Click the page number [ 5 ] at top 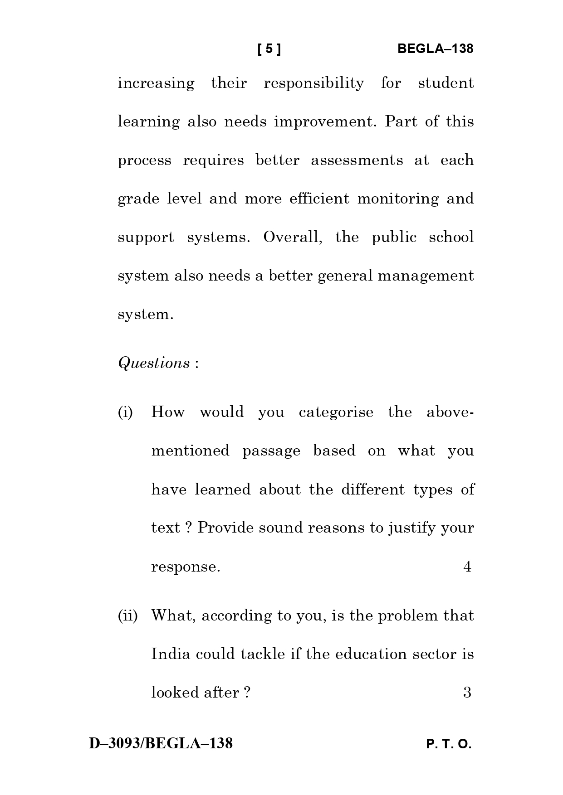tap(269, 49)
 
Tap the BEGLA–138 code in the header tap(435, 49)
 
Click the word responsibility tap(313, 83)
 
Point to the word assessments tap(357, 160)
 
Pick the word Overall tap(293, 238)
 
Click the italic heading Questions tap(154, 363)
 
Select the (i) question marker tap(125, 412)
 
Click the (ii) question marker tap(127, 616)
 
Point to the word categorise tap(336, 412)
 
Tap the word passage tap(271, 451)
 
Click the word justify tap(412, 528)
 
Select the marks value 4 tap(467, 567)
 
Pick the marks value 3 tap(467, 693)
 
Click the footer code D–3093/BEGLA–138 tap(161, 743)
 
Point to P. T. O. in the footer tap(449, 744)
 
